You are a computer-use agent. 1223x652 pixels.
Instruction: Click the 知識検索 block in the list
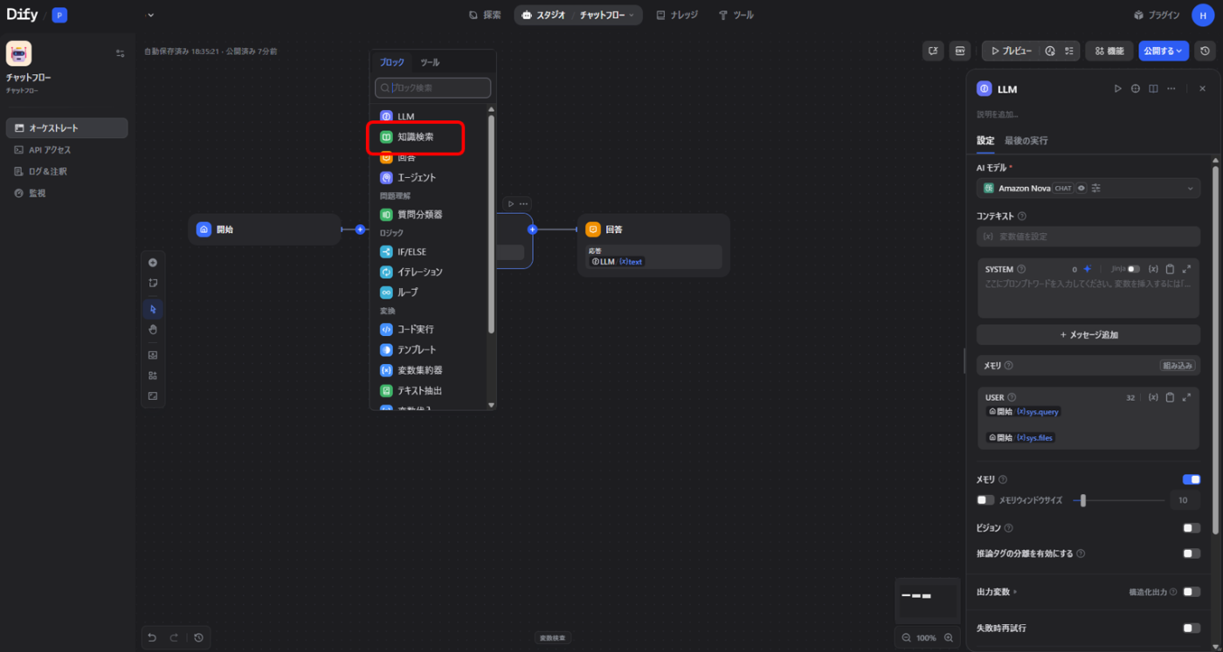pos(415,137)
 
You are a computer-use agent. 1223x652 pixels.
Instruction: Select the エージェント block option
pos(416,177)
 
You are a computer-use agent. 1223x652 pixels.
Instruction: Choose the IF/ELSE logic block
pos(411,251)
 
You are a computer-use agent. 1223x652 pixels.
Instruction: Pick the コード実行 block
pos(415,329)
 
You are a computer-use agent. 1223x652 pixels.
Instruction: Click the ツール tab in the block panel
pos(430,63)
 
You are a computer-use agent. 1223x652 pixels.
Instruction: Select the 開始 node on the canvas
pos(264,230)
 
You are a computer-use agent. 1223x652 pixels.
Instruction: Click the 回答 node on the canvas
pos(653,230)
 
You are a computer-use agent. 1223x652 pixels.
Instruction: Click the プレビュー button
pos(1012,51)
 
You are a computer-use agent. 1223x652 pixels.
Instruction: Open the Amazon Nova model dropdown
pos(1088,189)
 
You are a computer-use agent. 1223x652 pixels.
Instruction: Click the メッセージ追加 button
pos(1088,335)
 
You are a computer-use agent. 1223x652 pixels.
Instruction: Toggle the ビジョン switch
pos(1192,528)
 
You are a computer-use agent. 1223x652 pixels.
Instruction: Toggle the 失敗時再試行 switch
pos(1192,628)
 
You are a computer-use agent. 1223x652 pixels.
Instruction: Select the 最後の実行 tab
pos(1026,141)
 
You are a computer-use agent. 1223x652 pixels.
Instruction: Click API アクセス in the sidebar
pos(50,150)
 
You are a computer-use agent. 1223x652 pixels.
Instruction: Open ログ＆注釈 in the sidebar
pos(48,172)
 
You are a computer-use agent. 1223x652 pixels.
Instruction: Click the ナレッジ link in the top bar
pos(677,15)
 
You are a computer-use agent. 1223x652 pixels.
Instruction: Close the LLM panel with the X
pos(1202,89)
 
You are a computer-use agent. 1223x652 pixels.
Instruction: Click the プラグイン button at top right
pos(1157,15)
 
